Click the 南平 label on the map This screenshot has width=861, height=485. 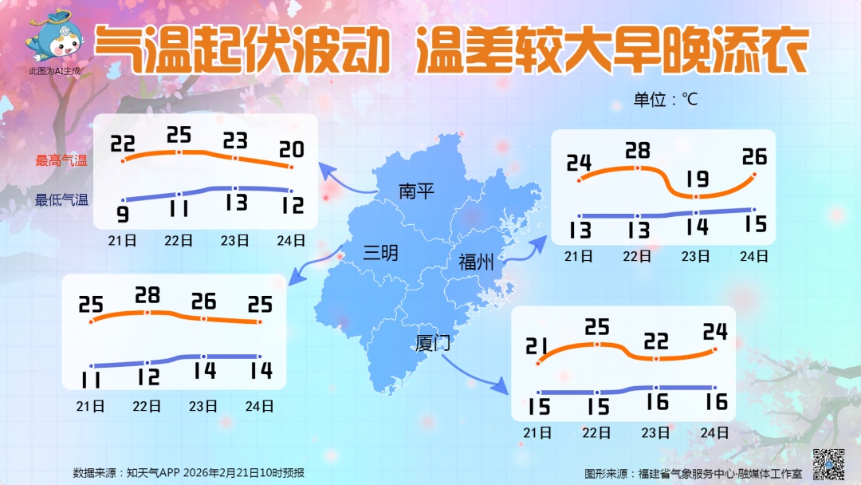point(416,191)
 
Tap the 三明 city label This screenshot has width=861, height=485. point(380,254)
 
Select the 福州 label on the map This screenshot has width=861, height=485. point(475,261)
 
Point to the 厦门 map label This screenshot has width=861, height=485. point(433,344)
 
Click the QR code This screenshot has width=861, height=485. point(828,463)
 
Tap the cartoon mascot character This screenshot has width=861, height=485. point(56,35)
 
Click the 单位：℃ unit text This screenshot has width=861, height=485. point(666,100)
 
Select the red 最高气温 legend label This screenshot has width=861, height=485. point(61,160)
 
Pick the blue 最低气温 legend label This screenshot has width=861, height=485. point(61,200)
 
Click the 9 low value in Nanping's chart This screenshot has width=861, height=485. point(124,215)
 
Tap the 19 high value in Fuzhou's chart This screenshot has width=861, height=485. point(696,178)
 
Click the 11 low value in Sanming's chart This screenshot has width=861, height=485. point(92,375)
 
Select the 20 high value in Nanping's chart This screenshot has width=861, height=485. point(291,149)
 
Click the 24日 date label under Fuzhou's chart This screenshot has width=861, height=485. point(753,256)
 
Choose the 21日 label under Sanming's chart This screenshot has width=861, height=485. point(92,406)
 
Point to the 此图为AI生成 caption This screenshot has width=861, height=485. point(55,72)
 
